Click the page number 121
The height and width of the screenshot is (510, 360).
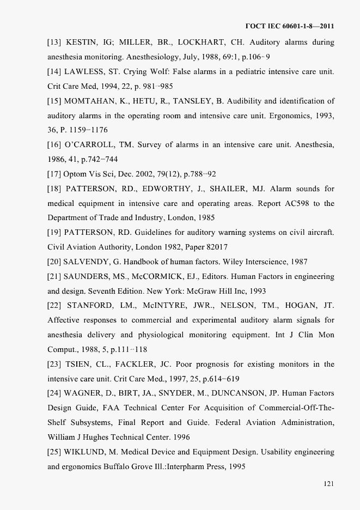coord(328,483)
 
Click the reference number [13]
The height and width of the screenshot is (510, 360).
coord(54,42)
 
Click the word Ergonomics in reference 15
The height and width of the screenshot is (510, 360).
coord(291,116)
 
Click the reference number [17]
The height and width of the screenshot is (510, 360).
coord(54,174)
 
